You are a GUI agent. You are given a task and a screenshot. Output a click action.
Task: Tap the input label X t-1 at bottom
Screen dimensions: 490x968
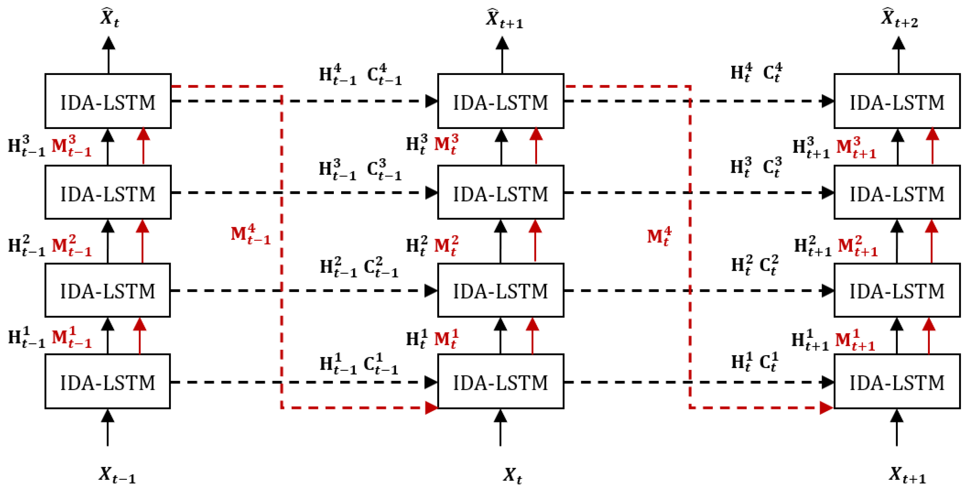click(x=116, y=475)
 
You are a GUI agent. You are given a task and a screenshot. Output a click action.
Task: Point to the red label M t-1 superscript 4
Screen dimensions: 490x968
click(x=251, y=235)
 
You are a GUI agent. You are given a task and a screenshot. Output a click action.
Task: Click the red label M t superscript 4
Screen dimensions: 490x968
click(x=659, y=237)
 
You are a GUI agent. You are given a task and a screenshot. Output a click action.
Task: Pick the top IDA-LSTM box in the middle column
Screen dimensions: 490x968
click(x=501, y=101)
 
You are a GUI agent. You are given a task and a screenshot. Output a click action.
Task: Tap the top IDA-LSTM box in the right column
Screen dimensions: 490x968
click(x=897, y=101)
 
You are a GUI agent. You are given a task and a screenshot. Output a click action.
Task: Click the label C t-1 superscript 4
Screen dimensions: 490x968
click(x=384, y=74)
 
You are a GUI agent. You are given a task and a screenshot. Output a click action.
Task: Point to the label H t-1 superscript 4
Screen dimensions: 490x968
click(x=337, y=74)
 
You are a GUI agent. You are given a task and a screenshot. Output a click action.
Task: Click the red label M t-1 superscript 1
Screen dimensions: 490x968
click(x=71, y=337)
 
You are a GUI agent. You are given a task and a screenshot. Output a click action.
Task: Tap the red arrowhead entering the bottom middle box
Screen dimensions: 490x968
click(x=431, y=408)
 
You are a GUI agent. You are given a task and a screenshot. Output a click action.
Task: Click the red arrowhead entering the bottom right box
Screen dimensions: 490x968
click(x=826, y=408)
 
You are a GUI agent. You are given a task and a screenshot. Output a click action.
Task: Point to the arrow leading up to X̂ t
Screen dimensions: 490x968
click(x=109, y=54)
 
